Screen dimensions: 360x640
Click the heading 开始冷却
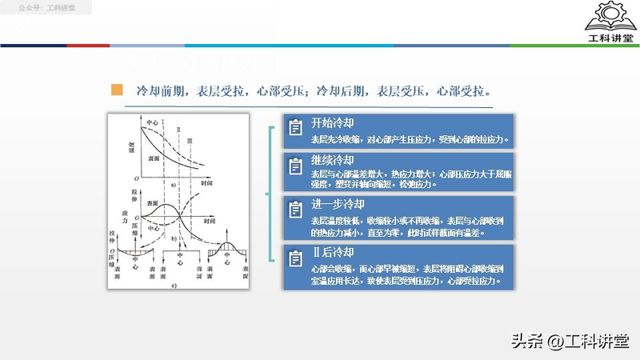(332, 122)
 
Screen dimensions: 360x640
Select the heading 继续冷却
(332, 160)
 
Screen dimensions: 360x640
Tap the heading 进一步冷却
(338, 204)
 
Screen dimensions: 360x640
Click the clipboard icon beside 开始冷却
(295, 126)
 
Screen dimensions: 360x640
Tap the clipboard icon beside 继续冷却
(295, 165)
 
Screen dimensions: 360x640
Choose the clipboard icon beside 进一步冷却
(295, 210)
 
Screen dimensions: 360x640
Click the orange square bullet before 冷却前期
(117, 89)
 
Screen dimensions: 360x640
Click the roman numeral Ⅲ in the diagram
(190, 141)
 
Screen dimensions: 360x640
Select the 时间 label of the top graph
(207, 183)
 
